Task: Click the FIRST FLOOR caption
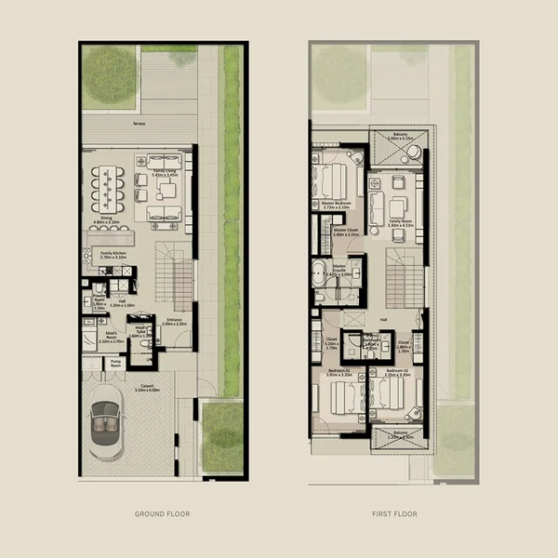tap(394, 513)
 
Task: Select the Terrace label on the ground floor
tap(139, 123)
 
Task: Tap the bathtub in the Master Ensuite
tap(321, 275)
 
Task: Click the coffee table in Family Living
tap(167, 190)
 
